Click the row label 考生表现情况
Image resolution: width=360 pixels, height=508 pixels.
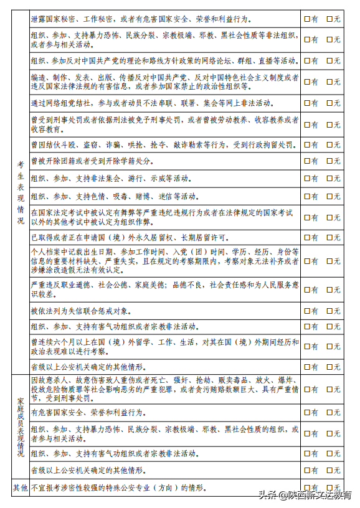20,191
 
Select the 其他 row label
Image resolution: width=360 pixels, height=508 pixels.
20,487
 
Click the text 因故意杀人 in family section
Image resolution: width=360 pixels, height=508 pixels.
49,379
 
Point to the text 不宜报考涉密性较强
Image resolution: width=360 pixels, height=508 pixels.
69,487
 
